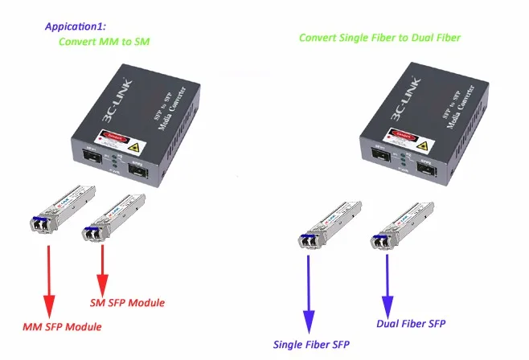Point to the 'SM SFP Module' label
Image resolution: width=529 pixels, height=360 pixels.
126,303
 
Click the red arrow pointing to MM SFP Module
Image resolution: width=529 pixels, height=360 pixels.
49,277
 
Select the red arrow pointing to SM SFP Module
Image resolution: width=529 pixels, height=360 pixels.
103,270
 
